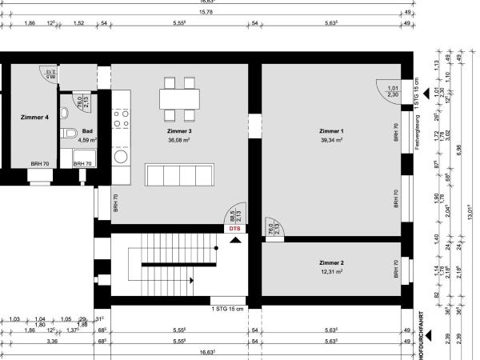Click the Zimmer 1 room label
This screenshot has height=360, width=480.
(x=330, y=130)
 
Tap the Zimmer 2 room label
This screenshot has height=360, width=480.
(x=330, y=262)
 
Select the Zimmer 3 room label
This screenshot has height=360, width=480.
(x=179, y=130)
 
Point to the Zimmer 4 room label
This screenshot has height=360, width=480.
(x=34, y=117)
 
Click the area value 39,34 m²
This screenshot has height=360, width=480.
(x=330, y=139)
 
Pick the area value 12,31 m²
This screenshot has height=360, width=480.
(x=330, y=271)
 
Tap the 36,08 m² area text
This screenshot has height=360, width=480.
(x=179, y=139)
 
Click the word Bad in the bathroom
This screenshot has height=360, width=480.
(x=87, y=130)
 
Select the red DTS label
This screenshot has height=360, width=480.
(x=234, y=229)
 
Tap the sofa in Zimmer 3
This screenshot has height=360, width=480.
(x=179, y=174)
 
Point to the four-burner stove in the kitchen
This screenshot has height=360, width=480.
(x=121, y=119)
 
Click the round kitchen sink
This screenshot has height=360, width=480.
(x=121, y=158)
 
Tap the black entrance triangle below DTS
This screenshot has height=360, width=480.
(x=234, y=238)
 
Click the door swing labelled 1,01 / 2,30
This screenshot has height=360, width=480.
(x=387, y=92)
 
